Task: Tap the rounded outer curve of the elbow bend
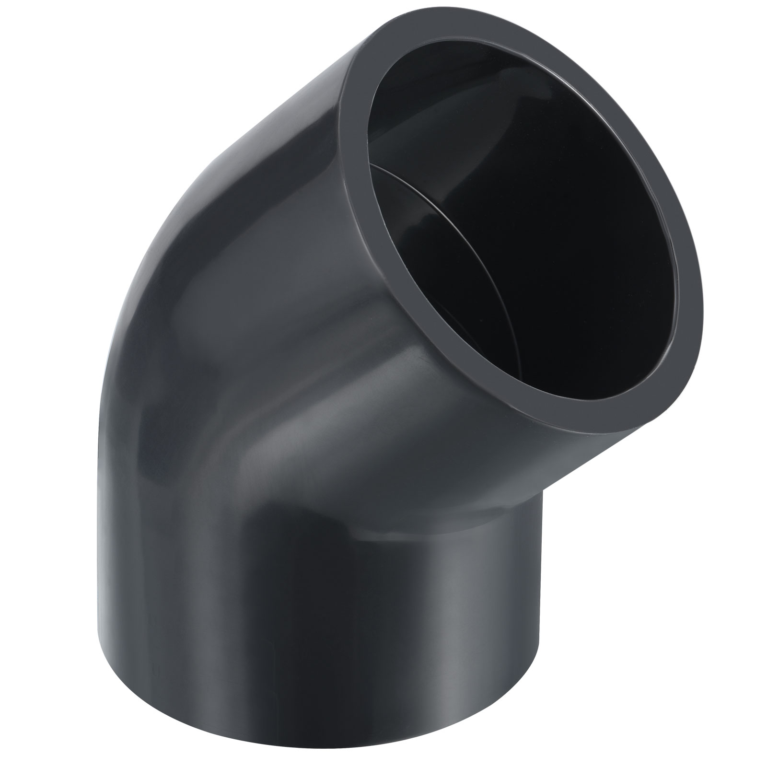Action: tap(158, 249)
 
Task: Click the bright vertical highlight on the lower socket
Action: tap(422, 623)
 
